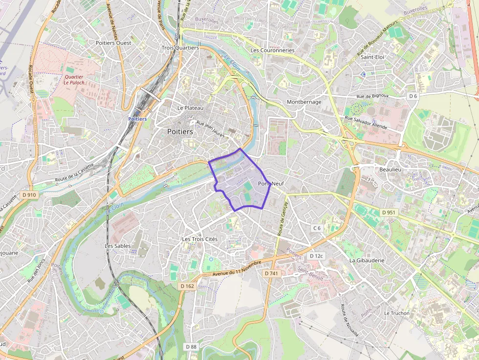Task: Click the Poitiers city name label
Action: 180,132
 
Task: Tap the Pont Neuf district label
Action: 271,184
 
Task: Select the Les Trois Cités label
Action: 199,239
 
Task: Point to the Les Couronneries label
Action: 272,50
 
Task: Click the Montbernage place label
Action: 304,102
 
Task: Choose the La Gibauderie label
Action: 367,260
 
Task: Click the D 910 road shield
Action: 29,195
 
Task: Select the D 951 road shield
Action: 389,212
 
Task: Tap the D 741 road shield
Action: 271,274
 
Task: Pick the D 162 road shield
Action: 187,286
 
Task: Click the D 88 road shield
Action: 191,346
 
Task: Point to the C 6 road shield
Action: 317,228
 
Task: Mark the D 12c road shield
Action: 316,256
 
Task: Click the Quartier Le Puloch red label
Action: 74,80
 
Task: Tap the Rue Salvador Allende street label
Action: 366,122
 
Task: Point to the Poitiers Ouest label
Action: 113,43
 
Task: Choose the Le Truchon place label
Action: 397,313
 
